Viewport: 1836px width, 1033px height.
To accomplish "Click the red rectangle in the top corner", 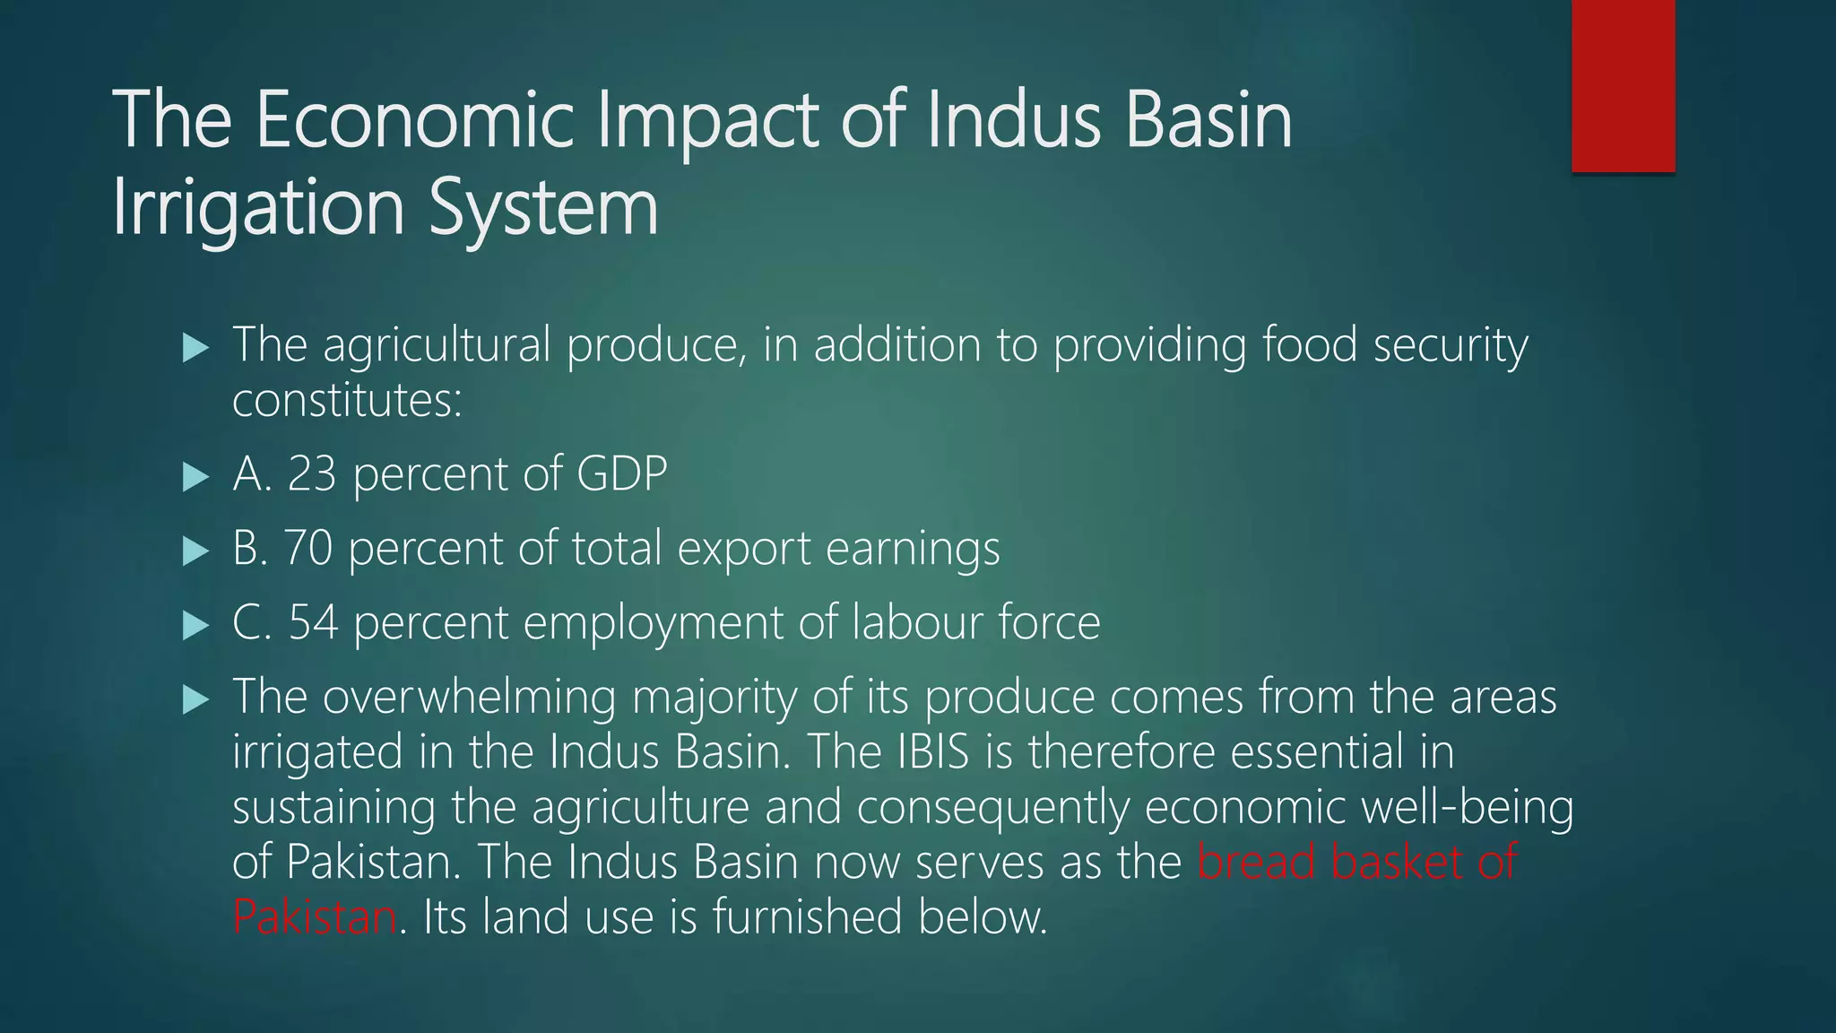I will (1623, 85).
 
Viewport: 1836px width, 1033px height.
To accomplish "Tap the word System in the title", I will (543, 208).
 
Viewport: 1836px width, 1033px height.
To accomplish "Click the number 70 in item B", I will (308, 548).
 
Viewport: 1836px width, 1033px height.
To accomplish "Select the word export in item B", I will (744, 550).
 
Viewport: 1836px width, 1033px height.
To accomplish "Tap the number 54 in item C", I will (313, 622).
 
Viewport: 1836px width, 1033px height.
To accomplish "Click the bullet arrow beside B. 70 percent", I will (195, 551).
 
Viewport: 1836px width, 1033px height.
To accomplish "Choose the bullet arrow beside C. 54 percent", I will (195, 625).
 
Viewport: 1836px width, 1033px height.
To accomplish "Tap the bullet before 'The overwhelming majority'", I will (195, 699).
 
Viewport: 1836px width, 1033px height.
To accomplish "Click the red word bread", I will (1256, 862).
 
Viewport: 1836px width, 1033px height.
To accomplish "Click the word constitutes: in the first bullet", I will (347, 400).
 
